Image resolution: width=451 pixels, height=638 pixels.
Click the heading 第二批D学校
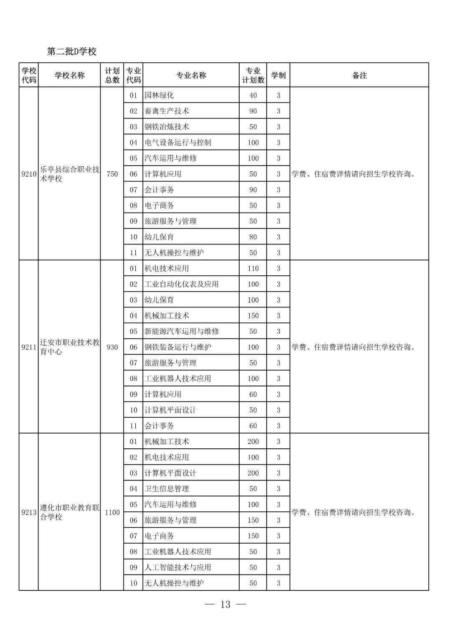point(72,51)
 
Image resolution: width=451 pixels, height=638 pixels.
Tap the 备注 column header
point(359,75)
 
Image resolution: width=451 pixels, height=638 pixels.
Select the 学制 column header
point(278,75)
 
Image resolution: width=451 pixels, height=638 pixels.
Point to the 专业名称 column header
point(191,75)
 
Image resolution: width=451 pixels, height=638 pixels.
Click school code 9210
point(29,174)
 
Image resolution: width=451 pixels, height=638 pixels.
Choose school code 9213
point(29,512)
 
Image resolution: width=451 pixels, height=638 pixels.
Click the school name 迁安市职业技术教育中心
point(69,347)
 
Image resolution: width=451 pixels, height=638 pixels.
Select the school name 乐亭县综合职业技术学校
point(69,174)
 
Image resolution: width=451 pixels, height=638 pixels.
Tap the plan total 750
point(112,174)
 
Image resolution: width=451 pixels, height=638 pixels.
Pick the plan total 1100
point(112,512)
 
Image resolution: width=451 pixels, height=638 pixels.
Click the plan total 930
point(112,347)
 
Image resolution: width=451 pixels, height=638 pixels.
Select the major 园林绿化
point(159,95)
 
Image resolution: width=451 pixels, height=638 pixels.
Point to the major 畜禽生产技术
point(167,111)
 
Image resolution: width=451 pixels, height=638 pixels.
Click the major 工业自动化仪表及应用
point(181,284)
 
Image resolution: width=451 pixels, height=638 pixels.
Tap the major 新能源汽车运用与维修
point(181,331)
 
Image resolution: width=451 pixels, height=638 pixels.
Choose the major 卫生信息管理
point(167,488)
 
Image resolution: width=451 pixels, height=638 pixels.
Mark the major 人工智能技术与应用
point(177,567)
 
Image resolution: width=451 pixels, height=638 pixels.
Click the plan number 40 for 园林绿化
point(253,95)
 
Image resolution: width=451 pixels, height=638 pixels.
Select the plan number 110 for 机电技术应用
point(253,268)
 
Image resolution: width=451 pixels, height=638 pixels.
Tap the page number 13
point(225,605)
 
